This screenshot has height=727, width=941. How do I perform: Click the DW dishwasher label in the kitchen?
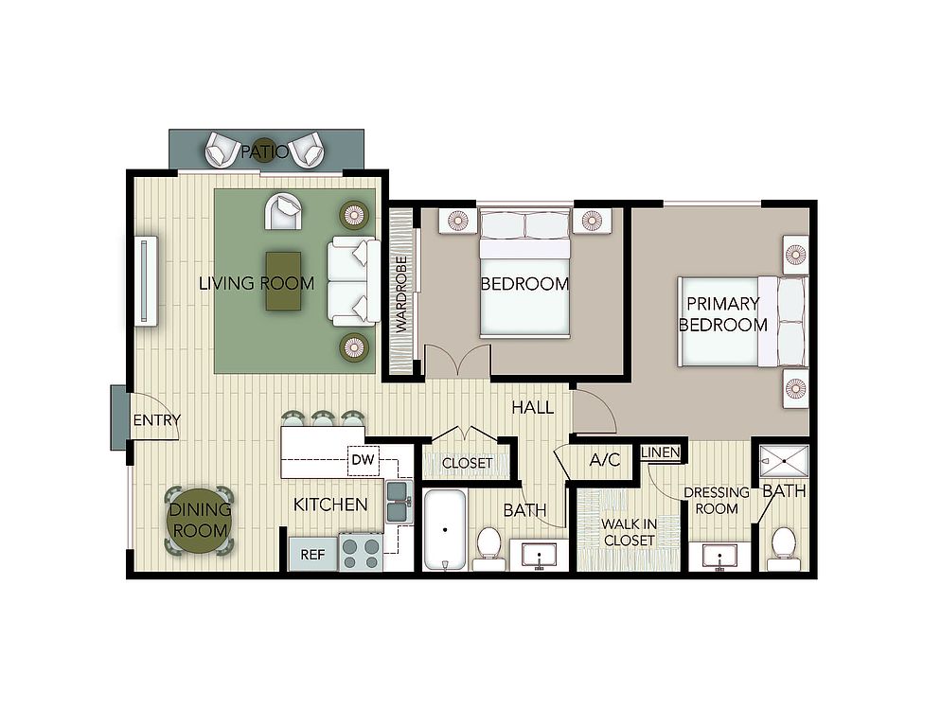tap(363, 460)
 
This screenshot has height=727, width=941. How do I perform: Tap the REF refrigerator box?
tap(312, 554)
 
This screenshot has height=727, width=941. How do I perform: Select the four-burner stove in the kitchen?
tap(362, 553)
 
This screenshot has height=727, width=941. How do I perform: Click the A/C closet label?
tap(604, 460)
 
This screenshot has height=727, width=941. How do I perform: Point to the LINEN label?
tap(660, 452)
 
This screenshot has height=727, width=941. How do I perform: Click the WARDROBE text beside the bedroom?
tap(401, 294)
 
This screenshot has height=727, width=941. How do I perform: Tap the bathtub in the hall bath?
tap(445, 530)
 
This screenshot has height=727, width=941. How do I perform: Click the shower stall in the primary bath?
tap(784, 460)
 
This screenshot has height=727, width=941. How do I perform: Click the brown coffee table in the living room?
tap(284, 281)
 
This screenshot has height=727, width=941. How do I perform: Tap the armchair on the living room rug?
tap(283, 211)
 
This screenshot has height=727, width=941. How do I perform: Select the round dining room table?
tap(199, 521)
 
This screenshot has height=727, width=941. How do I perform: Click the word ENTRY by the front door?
tap(156, 420)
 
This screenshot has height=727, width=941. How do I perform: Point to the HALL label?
tap(532, 408)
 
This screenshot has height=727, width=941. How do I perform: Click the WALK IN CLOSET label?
tap(629, 532)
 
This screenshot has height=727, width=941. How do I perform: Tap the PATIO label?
tap(265, 151)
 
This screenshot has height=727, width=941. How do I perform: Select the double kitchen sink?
tap(399, 502)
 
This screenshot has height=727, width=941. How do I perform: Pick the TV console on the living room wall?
tap(146, 281)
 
